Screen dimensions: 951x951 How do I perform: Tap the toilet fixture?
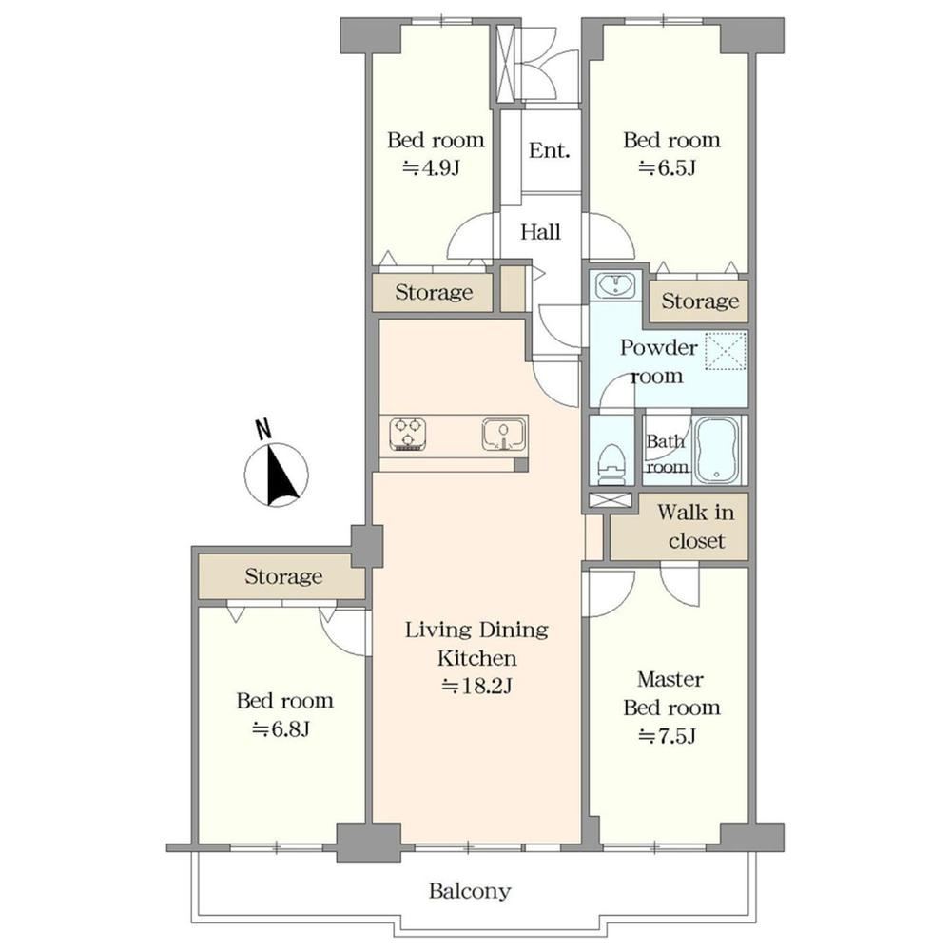click(611, 464)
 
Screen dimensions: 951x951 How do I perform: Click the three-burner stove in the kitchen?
click(408, 435)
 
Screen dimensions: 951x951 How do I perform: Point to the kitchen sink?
click(503, 435)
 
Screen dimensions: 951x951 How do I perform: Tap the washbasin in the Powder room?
click(615, 284)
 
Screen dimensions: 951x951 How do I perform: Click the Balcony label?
click(470, 891)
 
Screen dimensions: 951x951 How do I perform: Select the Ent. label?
click(550, 150)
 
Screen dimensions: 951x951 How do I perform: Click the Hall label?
click(540, 232)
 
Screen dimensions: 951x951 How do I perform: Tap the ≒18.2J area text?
click(476, 686)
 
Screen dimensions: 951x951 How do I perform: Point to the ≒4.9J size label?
click(432, 167)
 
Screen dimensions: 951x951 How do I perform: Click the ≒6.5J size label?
click(667, 167)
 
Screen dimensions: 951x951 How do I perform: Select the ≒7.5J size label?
click(667, 736)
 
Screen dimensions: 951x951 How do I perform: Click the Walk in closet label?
click(696, 526)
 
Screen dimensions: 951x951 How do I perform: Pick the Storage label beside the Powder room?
click(700, 301)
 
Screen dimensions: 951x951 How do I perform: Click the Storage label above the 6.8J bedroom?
click(283, 575)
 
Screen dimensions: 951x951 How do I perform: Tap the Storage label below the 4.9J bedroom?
click(434, 292)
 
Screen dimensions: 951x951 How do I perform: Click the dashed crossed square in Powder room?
click(727, 351)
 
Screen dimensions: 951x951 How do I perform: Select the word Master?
click(670, 679)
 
